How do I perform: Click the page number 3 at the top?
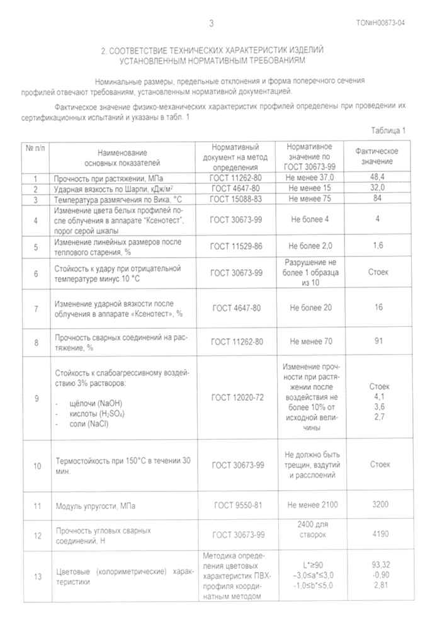click(x=212, y=24)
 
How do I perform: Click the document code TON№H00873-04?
click(x=381, y=24)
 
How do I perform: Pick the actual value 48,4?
click(x=378, y=178)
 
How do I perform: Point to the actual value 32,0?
click(x=378, y=188)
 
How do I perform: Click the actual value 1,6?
click(x=378, y=244)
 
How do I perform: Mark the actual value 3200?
click(x=378, y=505)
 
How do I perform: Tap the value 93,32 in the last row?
click(x=378, y=566)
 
